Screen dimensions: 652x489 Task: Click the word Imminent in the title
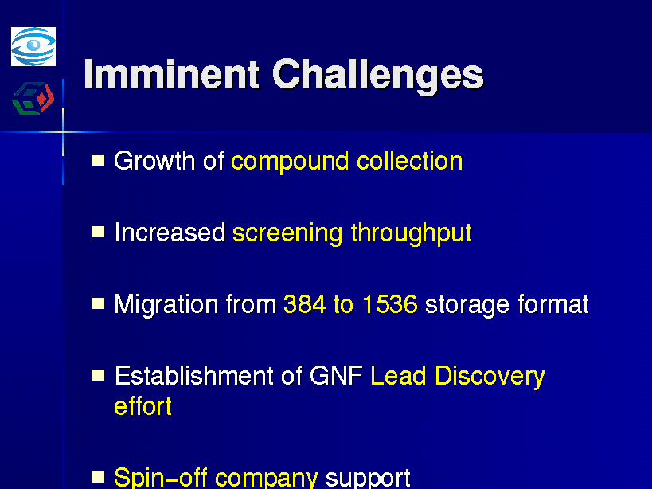click(x=172, y=74)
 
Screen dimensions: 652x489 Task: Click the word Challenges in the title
click(x=378, y=77)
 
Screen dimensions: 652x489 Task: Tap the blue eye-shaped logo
click(x=33, y=46)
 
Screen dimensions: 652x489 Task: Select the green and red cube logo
click(x=33, y=98)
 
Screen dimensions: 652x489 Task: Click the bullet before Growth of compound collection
click(x=98, y=160)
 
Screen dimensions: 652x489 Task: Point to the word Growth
click(x=154, y=161)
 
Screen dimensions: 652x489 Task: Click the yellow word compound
click(x=290, y=162)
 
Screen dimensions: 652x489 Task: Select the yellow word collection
click(x=409, y=161)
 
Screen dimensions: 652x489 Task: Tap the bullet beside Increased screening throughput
click(x=98, y=232)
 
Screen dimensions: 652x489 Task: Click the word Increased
click(x=170, y=233)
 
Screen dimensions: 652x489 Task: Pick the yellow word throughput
click(x=412, y=233)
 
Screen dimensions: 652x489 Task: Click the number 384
click(x=304, y=304)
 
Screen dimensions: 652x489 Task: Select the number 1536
click(x=390, y=304)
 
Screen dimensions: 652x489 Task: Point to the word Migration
click(x=166, y=306)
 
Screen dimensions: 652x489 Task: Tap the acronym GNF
click(x=336, y=376)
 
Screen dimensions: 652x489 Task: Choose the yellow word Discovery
click(x=490, y=378)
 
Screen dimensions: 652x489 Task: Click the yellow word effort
click(x=143, y=406)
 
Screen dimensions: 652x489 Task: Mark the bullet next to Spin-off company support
click(x=98, y=477)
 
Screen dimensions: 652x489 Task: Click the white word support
click(x=368, y=479)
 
